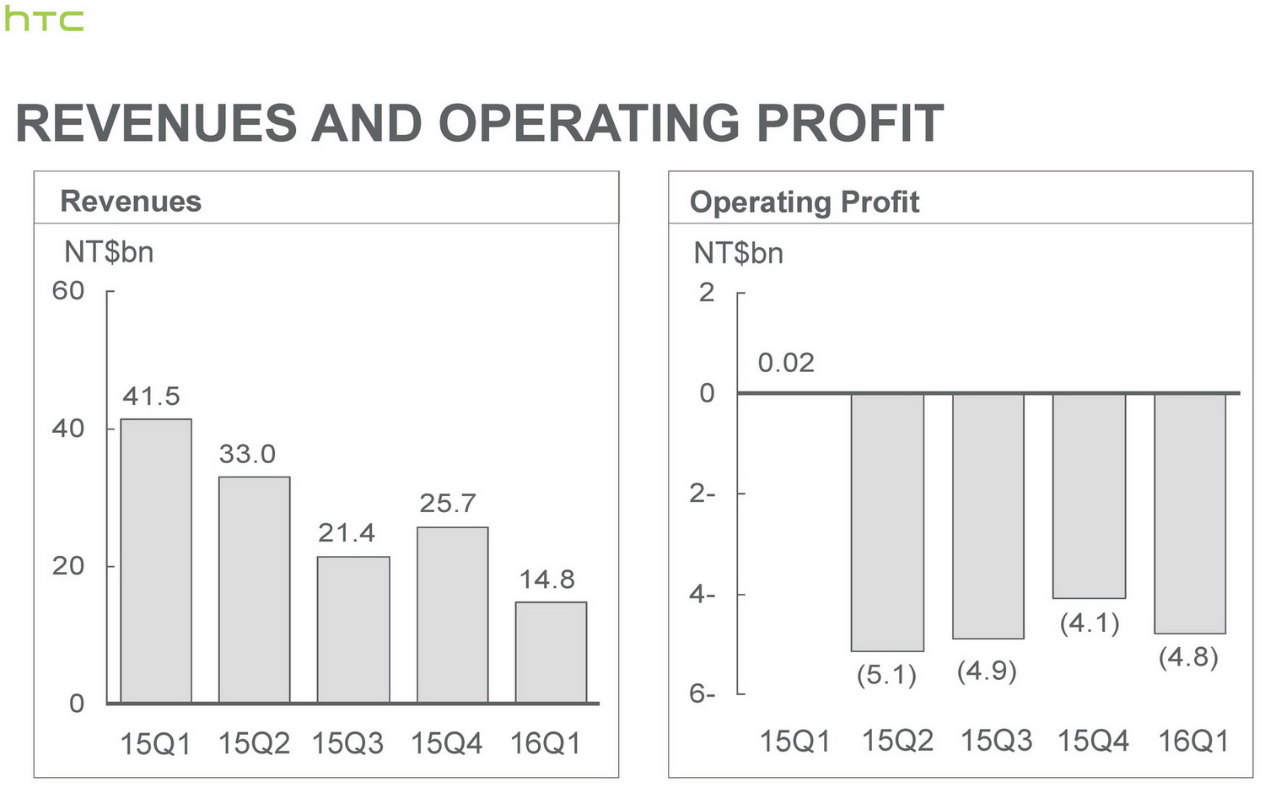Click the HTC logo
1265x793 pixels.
click(x=44, y=20)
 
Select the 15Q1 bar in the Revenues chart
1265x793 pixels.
click(x=156, y=561)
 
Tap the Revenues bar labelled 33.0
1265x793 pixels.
click(x=254, y=590)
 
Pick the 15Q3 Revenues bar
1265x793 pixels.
click(x=353, y=629)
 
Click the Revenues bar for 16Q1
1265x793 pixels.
click(x=551, y=652)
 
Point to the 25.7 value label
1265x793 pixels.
click(x=448, y=504)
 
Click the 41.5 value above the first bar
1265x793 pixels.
click(x=152, y=396)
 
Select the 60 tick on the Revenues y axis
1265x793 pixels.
click(x=68, y=291)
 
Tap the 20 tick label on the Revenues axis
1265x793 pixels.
click(x=68, y=566)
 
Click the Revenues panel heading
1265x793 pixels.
click(x=131, y=202)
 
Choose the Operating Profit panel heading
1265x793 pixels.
click(x=805, y=202)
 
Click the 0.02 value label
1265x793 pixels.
click(x=786, y=363)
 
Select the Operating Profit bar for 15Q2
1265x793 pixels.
click(x=887, y=521)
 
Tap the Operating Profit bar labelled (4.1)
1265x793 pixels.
click(x=1089, y=495)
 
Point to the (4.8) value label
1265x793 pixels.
click(x=1188, y=657)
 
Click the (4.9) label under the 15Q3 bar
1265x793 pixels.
click(x=987, y=672)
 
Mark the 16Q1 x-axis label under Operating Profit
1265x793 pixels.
click(x=1192, y=742)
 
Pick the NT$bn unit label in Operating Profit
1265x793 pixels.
click(x=739, y=253)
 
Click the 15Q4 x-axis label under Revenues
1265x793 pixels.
click(x=447, y=744)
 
